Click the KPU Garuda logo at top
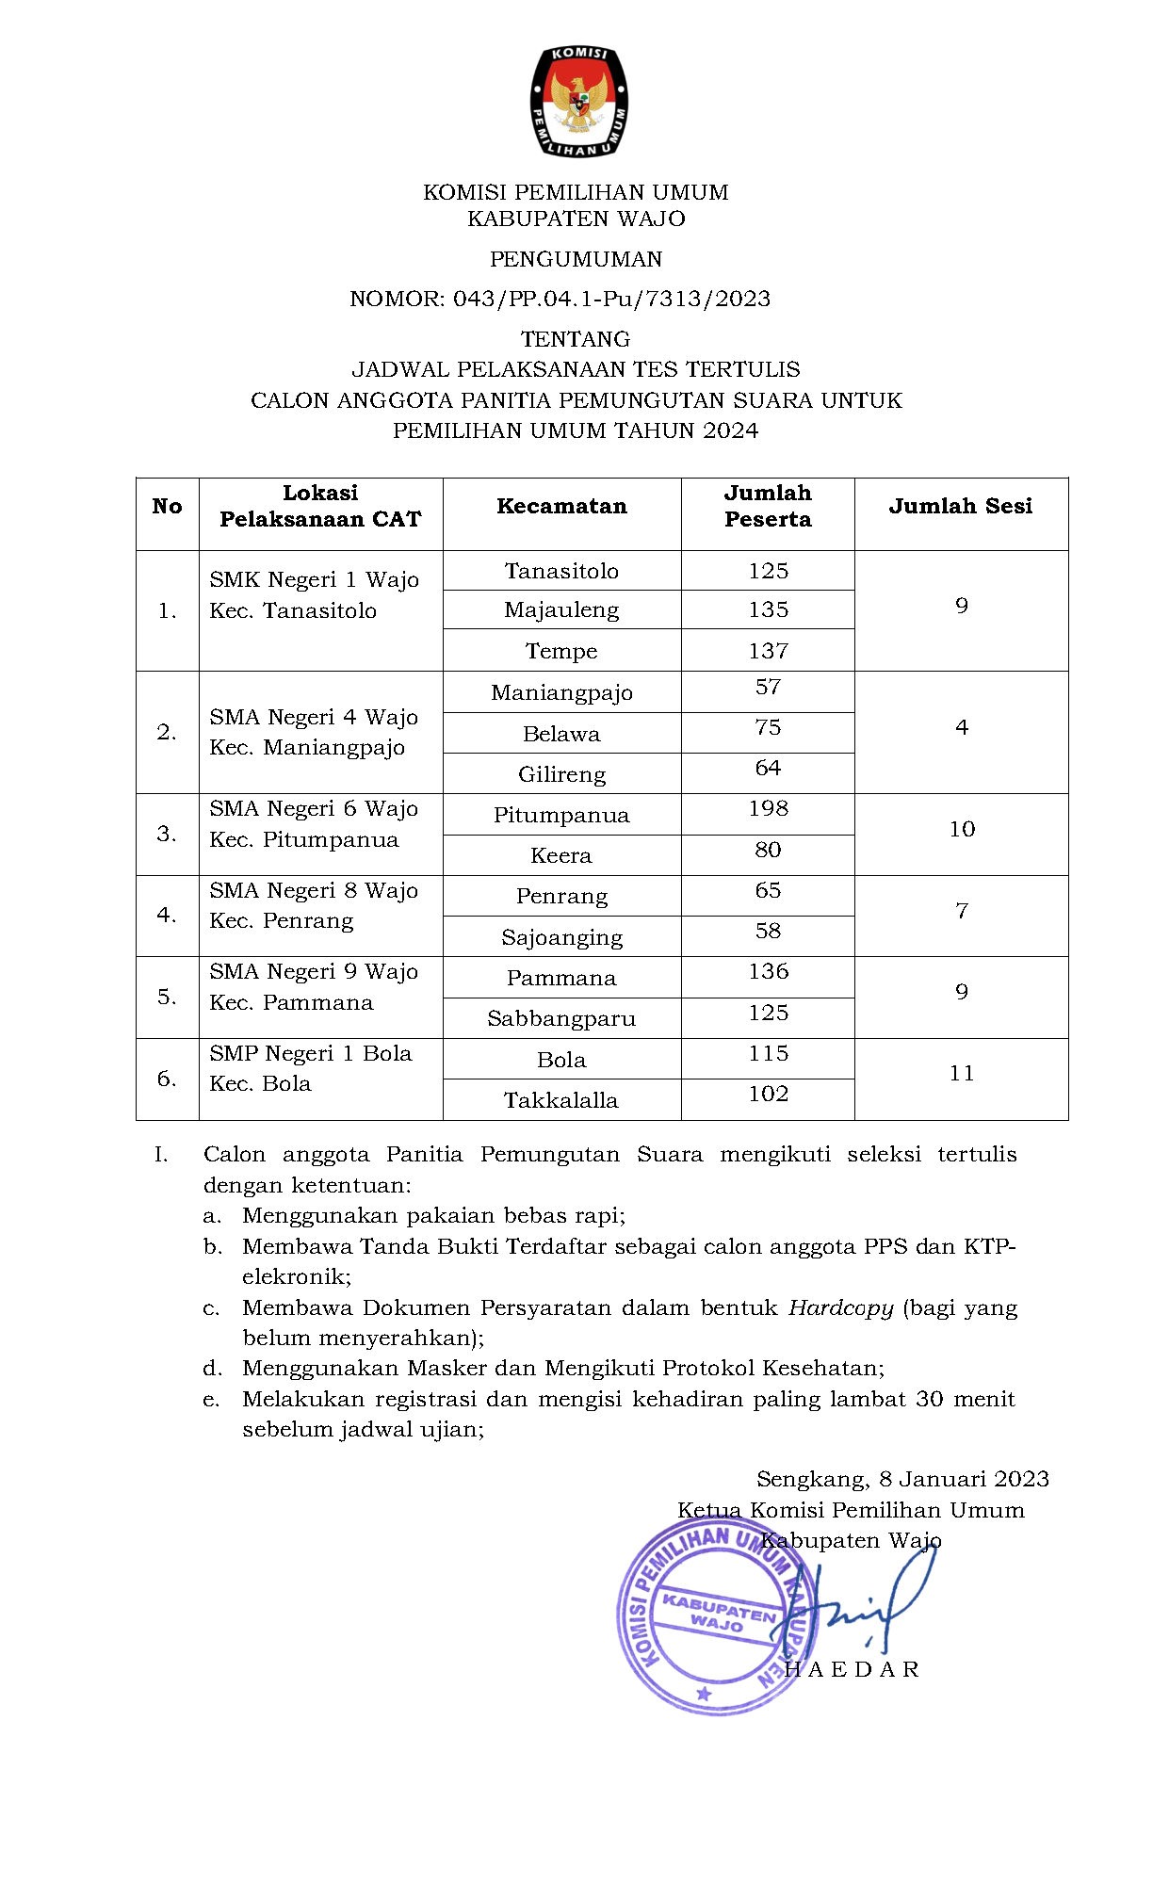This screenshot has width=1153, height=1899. (x=576, y=102)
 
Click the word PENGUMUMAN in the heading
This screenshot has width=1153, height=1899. (x=576, y=259)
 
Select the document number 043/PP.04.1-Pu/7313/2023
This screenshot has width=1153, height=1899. (x=611, y=300)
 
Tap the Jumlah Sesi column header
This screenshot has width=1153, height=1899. (x=960, y=507)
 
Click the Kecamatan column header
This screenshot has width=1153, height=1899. (x=561, y=507)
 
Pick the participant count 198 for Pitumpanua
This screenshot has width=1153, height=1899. (x=768, y=809)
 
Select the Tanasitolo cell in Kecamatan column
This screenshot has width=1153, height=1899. (x=561, y=571)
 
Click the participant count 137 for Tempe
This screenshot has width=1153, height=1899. (x=768, y=651)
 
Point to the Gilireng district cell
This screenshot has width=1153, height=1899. (x=561, y=774)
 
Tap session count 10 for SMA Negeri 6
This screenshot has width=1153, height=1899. (x=961, y=830)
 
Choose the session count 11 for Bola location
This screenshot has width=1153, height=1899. (x=961, y=1074)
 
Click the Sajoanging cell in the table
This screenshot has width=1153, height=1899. (x=561, y=937)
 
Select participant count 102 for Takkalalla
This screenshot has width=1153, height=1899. (x=768, y=1095)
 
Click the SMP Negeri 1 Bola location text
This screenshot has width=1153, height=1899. (x=311, y=1053)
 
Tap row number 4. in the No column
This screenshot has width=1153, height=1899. (x=167, y=915)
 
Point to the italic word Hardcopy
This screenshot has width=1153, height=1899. (x=840, y=1307)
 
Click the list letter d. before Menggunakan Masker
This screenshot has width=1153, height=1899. (x=212, y=1369)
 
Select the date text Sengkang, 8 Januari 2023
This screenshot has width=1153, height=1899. (x=902, y=1480)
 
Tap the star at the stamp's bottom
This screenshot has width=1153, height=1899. (x=703, y=1695)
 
